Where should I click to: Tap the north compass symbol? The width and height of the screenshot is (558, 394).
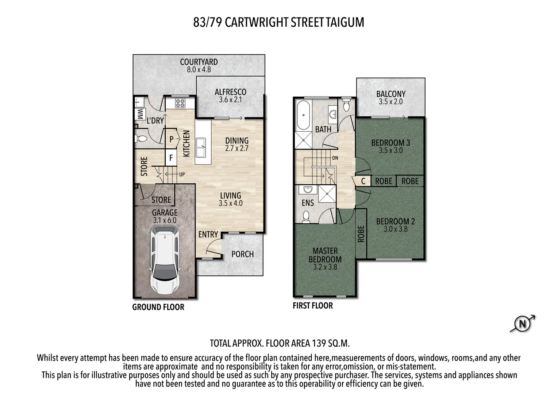point(522,324)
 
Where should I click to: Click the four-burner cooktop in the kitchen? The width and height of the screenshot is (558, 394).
point(180,103)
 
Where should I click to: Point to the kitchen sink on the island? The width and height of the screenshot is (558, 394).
point(200,147)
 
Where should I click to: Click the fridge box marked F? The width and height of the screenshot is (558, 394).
point(171,158)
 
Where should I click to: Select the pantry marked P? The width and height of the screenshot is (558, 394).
point(172,139)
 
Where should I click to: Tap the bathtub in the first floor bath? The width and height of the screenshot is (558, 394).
point(303,115)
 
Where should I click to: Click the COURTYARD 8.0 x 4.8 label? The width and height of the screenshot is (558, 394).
point(199,66)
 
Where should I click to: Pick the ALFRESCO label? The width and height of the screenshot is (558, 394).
point(230,92)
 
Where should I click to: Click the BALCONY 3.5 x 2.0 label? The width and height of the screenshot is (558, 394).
point(390,97)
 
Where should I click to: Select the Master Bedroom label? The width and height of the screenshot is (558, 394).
point(325,255)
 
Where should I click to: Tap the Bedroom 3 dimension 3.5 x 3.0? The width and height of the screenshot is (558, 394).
point(390,150)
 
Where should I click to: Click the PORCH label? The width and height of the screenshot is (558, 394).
point(242,254)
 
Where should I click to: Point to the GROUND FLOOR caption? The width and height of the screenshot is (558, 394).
point(158,307)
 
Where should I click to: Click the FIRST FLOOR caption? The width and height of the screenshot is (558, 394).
point(313,306)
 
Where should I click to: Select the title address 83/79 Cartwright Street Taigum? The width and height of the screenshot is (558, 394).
point(278,22)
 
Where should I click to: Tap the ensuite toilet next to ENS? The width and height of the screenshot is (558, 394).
point(306,217)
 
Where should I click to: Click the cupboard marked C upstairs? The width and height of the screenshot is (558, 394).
point(363,181)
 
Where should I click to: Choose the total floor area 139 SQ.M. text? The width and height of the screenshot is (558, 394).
point(280,343)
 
